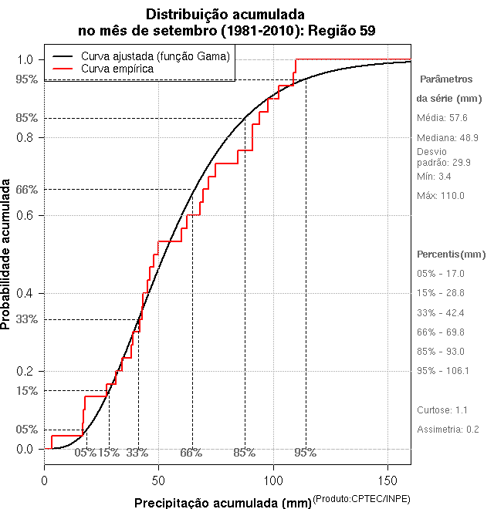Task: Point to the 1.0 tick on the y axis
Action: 25,60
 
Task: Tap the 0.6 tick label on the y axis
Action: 25,215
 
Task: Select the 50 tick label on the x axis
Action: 158,480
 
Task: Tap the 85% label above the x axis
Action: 244,453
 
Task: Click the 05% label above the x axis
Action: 85,453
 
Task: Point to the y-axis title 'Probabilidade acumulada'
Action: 7,254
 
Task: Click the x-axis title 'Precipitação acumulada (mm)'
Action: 222,503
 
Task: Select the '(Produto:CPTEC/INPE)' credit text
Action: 362,500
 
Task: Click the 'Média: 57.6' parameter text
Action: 442,118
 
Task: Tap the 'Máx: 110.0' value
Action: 441,196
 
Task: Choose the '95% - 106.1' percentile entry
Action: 443,371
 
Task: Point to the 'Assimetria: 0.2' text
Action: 448,429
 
